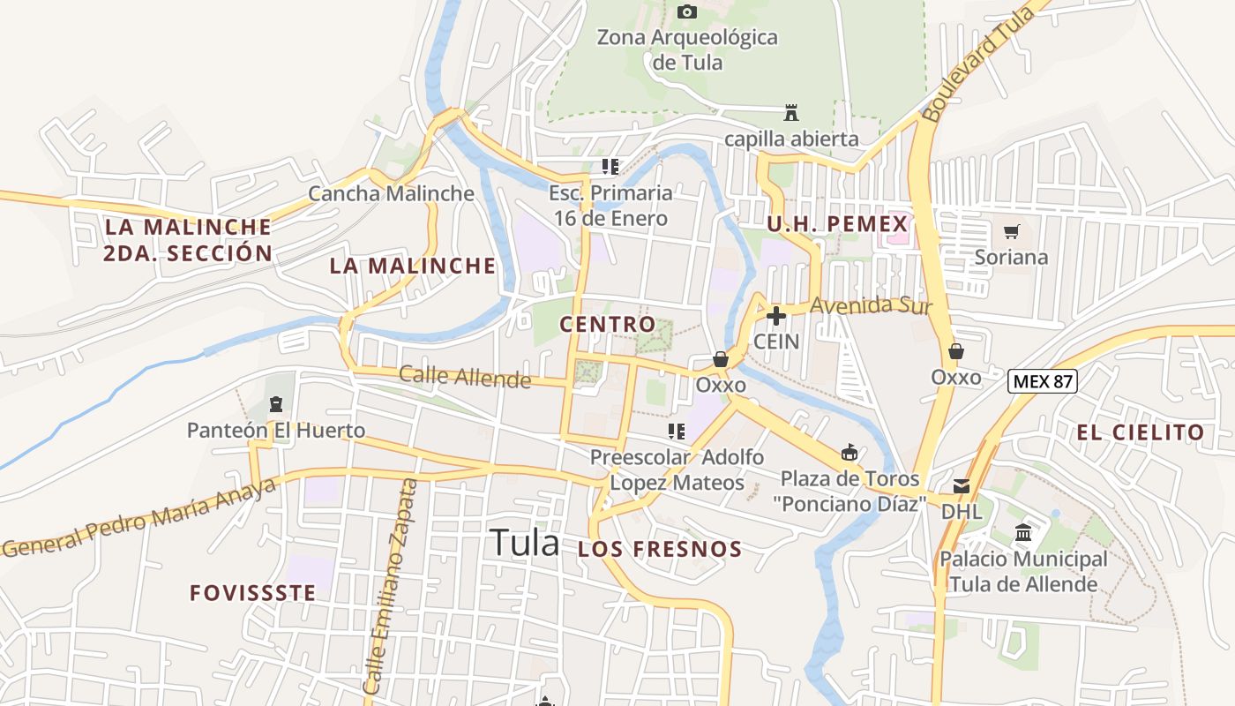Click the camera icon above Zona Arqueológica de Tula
click(686, 11)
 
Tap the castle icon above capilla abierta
click(791, 113)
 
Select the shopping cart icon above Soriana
click(1011, 232)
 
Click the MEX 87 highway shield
click(1043, 381)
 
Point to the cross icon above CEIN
click(776, 315)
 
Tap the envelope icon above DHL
click(961, 486)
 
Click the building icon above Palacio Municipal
click(1023, 533)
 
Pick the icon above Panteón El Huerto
click(276, 405)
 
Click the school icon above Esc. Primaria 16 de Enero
click(610, 166)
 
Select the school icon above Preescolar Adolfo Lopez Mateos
click(677, 432)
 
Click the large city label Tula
click(524, 543)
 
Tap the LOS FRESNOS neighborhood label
click(660, 549)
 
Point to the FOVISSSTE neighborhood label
click(252, 592)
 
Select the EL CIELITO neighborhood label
click(1140, 432)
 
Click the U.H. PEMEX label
click(837, 224)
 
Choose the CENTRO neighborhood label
click(608, 324)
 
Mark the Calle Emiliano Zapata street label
click(389, 587)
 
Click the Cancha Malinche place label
click(391, 193)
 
